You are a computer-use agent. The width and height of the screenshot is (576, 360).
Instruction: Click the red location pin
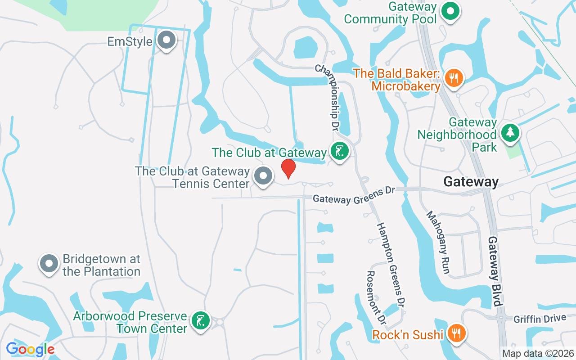(288, 168)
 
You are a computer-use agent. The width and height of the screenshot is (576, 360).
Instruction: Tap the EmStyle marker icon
(167, 40)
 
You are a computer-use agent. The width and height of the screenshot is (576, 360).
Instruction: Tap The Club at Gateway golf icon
(339, 152)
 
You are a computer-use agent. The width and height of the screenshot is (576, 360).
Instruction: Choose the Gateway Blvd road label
(495, 271)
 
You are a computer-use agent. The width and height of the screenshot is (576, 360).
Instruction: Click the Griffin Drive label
(540, 319)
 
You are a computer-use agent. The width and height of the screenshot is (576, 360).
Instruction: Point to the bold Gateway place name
(471, 182)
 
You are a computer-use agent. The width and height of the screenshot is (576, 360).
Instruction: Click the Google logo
(30, 349)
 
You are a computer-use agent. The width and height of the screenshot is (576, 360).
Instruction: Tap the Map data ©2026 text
(538, 354)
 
